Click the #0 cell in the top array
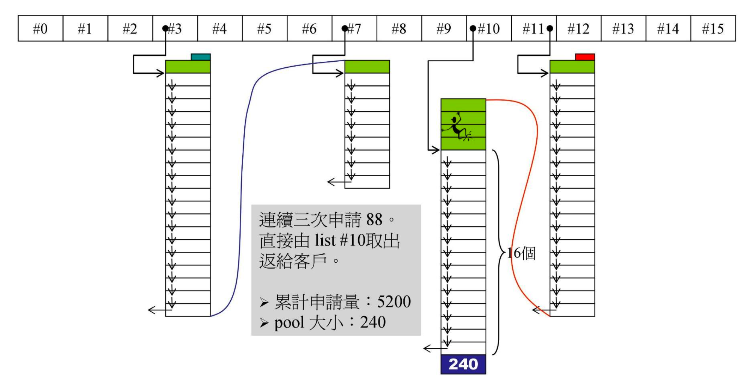click(x=40, y=29)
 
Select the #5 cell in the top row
click(x=264, y=29)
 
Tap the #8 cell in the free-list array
click(x=399, y=29)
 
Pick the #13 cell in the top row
click(x=623, y=29)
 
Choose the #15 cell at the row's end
click(x=713, y=29)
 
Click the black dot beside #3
click(x=165, y=29)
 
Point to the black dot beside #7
click(x=345, y=29)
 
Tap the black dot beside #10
click(x=473, y=29)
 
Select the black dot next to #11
click(x=550, y=29)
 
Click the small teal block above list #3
click(x=201, y=57)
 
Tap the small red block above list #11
click(x=585, y=57)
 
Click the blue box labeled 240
click(x=463, y=364)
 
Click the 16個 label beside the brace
click(x=522, y=253)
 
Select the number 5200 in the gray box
click(x=394, y=302)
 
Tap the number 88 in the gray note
click(x=374, y=220)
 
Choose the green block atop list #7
click(x=367, y=67)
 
